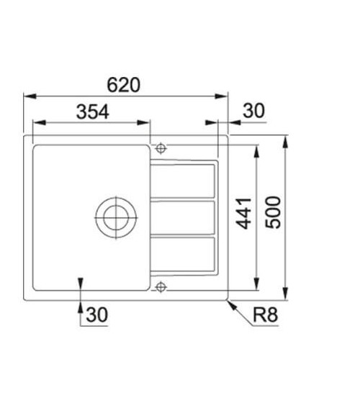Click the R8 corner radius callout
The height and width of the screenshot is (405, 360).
[265, 316]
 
